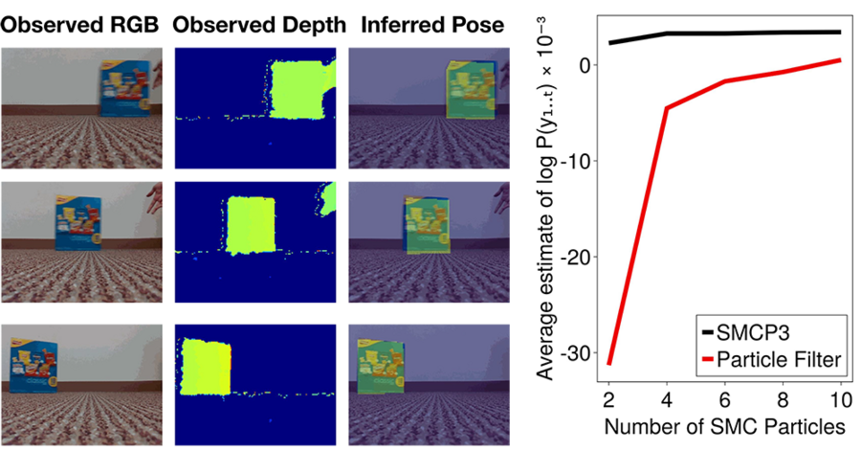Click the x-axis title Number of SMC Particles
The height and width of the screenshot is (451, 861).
tap(724, 424)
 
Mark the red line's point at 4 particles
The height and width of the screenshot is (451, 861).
tap(667, 108)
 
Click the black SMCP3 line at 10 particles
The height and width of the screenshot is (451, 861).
tap(839, 32)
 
